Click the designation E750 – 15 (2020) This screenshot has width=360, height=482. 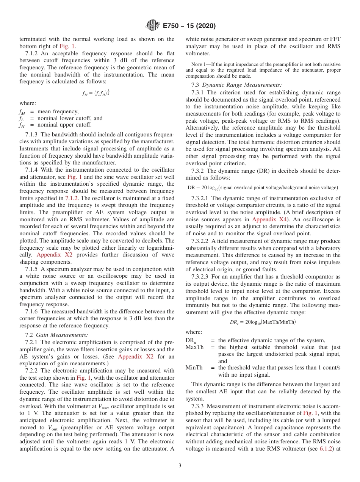point(189,26)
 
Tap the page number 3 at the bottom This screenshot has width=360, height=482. point(180,465)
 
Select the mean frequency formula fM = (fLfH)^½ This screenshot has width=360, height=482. point(97,93)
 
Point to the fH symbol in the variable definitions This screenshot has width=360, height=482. point(22,125)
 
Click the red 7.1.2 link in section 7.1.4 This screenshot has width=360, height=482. point(72,198)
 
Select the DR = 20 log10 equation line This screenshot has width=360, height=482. point(263,188)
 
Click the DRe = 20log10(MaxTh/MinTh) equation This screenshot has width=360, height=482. point(263,322)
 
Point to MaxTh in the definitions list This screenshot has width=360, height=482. point(194,347)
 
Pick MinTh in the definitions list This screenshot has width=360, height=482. point(194,368)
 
